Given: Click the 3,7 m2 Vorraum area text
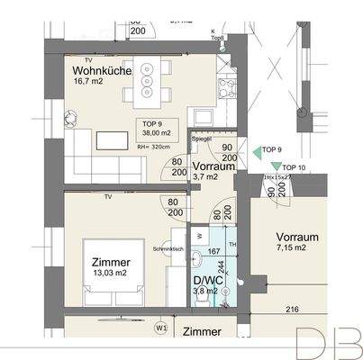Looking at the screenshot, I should (x=206, y=177).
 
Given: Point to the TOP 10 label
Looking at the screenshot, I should (x=294, y=168).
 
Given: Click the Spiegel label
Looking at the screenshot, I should (x=200, y=139).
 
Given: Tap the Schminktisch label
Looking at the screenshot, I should (x=169, y=247).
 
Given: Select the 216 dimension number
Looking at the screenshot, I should (x=292, y=309).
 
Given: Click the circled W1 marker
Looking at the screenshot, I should (x=160, y=328).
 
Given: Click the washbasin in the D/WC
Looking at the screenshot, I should (x=198, y=262).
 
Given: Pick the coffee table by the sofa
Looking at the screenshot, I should (x=113, y=139).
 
